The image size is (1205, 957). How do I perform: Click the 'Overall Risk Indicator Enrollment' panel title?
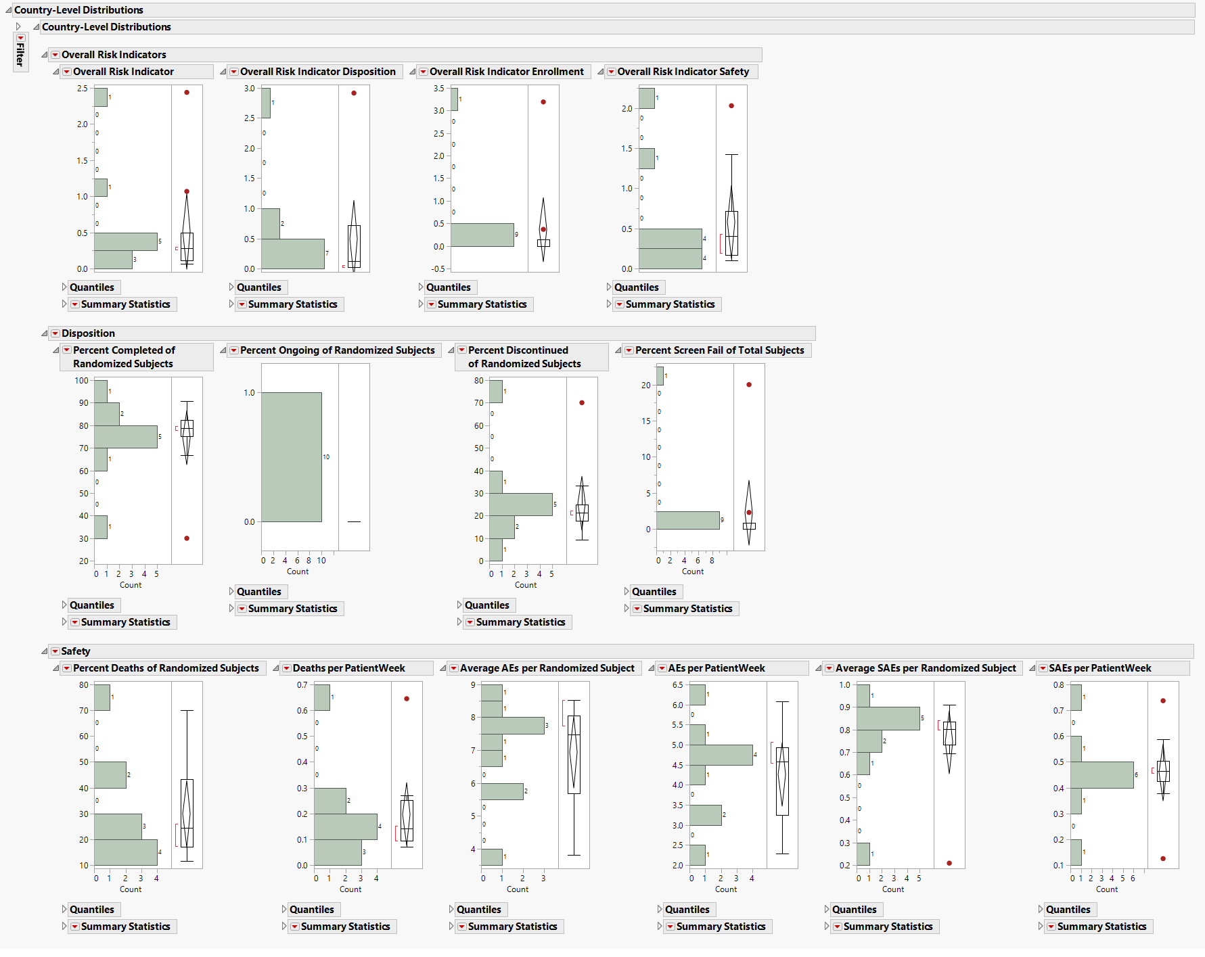pos(506,72)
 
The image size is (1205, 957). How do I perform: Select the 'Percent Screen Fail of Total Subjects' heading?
pos(719,350)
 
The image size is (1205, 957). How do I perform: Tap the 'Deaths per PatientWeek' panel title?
pos(348,668)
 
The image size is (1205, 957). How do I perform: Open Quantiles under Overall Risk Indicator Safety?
pos(636,287)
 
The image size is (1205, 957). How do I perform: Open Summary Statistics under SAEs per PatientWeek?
pos(1101,927)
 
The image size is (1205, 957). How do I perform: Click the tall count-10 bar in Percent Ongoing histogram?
pos(292,457)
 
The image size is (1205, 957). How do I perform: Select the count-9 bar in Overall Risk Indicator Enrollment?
pos(482,235)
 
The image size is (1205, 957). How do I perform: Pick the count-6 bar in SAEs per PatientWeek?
pos(1101,775)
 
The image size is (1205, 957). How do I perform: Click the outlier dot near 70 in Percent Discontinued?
pos(582,403)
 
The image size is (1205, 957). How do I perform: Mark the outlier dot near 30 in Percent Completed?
pos(187,538)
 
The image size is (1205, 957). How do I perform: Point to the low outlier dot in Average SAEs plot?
pos(949,863)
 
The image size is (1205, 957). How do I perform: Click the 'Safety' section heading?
pos(75,651)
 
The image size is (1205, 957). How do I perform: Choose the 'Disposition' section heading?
pos(88,333)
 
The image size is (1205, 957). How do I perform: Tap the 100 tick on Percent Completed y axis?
pos(82,381)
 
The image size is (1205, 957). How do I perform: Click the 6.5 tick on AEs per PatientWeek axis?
pos(677,685)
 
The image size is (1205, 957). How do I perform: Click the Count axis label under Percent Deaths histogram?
pos(131,889)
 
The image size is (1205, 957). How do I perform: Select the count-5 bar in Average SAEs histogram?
pos(888,718)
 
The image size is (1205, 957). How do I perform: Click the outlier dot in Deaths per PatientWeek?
pos(407,699)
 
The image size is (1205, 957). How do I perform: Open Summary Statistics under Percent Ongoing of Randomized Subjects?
pos(292,609)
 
